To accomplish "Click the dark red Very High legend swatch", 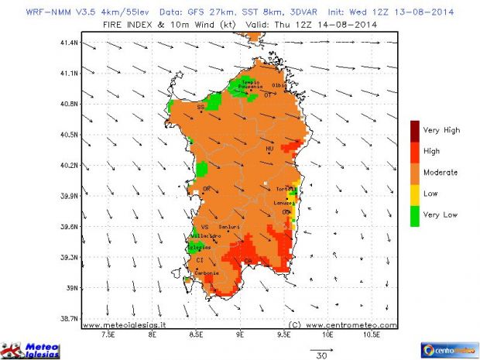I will click(416, 130).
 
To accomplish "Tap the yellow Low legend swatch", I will click(416, 193).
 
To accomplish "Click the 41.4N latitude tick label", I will click(70, 43).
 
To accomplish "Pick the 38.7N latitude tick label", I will click(70, 318).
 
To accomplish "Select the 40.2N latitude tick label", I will click(70, 165).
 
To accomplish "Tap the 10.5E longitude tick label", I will click(372, 337).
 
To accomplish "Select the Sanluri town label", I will click(229, 227).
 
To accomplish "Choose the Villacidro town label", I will click(201, 234).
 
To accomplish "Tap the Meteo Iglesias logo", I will click(29, 349).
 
